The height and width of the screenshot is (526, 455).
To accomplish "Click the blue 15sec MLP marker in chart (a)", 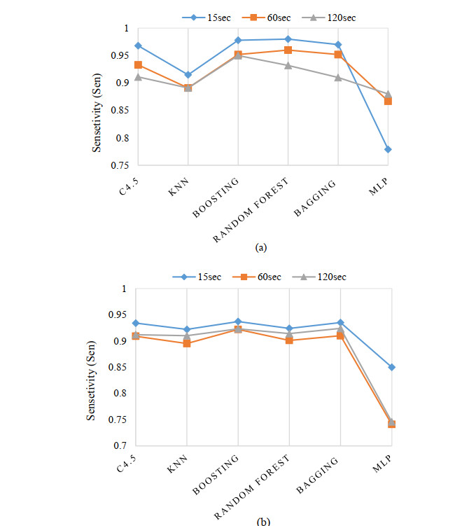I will (388, 149).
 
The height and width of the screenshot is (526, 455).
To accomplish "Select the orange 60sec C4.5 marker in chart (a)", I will (138, 64).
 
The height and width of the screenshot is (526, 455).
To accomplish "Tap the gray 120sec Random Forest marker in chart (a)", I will (288, 65).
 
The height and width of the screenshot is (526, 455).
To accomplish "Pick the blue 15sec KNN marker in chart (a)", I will (188, 74).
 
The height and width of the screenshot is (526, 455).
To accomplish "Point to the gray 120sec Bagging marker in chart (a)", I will (338, 77).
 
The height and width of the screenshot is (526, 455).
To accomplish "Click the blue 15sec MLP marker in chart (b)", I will (391, 367).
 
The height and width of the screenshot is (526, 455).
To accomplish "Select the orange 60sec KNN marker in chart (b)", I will (187, 343).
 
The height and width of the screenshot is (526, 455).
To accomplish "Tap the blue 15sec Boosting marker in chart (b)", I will (238, 321).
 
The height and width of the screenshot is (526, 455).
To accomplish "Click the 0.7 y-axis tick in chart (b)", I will (123, 445).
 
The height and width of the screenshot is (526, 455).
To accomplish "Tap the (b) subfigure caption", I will (261, 521).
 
